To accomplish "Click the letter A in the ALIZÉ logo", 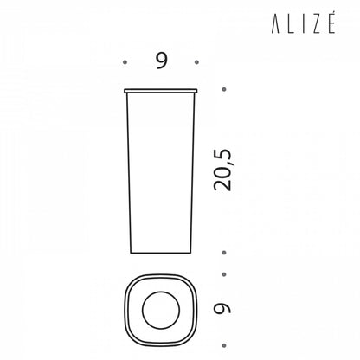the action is coord(275,25).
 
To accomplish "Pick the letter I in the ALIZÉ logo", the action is coord(302,25).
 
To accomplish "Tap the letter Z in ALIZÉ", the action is coord(315,25).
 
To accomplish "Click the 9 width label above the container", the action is coord(162,61).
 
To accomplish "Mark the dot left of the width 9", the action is coord(125,62).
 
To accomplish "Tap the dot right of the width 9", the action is coord(196,62).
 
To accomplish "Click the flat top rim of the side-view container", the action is coord(161,91).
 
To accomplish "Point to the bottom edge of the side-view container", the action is coord(161,253).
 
